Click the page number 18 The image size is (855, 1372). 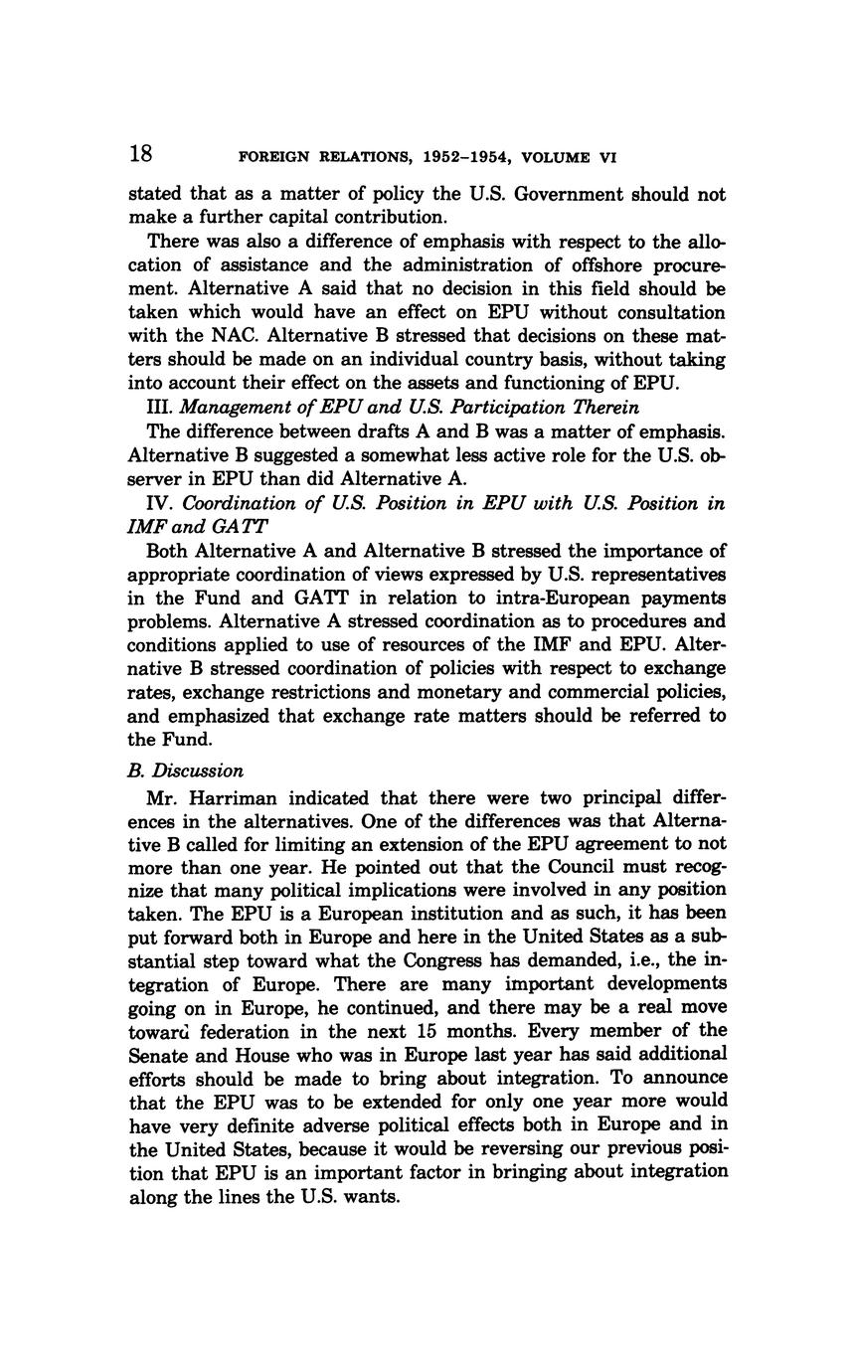point(140,154)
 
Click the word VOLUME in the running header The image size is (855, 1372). point(557,157)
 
